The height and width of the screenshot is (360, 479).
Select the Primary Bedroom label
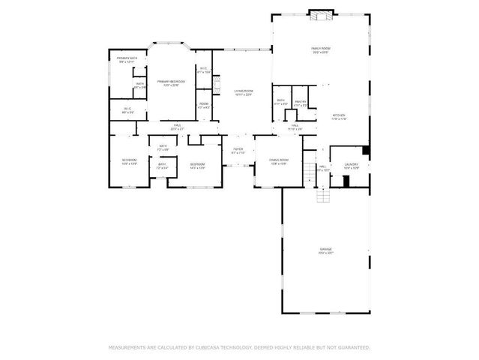[171, 82]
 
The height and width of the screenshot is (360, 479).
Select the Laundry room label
[351, 166]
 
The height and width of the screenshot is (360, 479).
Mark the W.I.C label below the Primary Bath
[127, 110]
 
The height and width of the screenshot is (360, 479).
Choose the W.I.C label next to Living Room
[203, 70]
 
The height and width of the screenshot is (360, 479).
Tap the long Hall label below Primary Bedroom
[177, 127]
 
